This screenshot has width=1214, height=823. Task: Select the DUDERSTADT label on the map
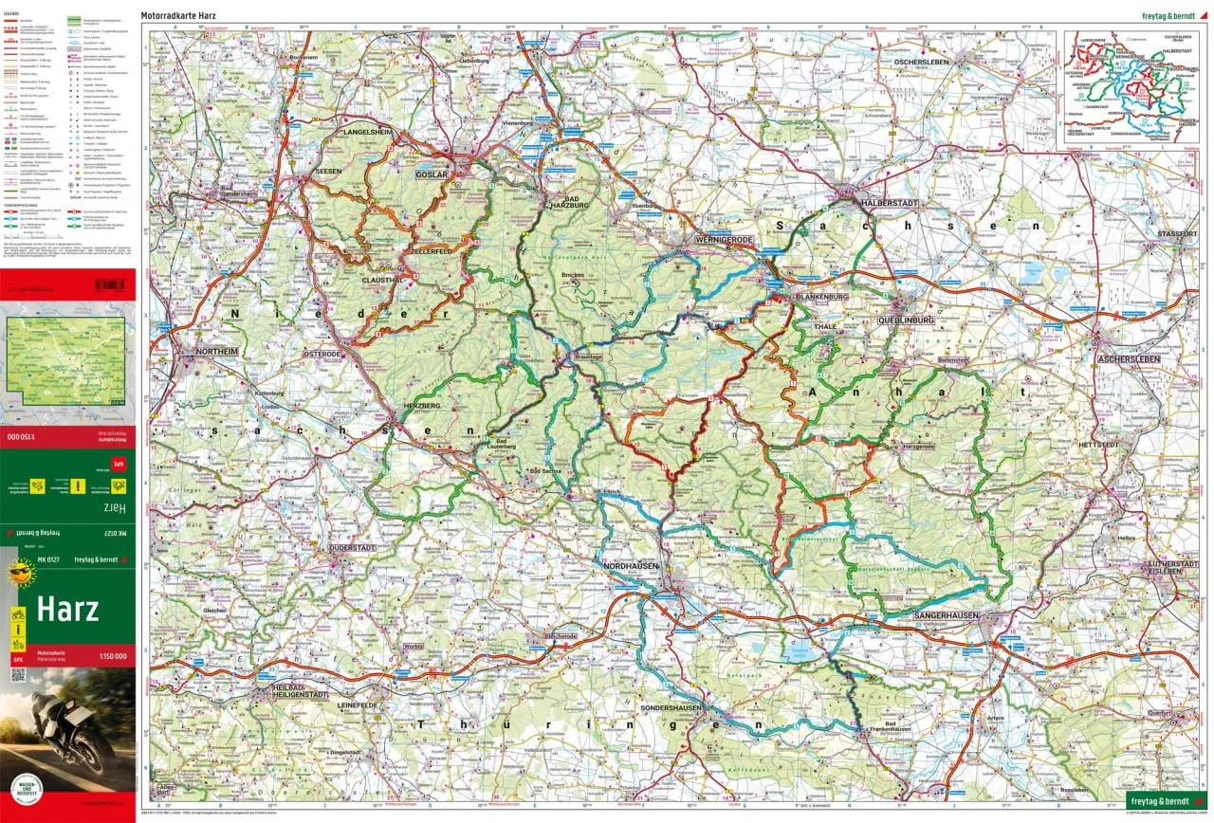tap(353, 548)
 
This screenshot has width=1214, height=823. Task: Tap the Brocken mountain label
tap(573, 276)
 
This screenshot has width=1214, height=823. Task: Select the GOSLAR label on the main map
tap(432, 174)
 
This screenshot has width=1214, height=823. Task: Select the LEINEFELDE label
tap(359, 704)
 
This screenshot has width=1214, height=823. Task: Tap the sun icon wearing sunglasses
tap(20, 574)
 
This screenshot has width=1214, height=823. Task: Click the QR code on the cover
tap(17, 674)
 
